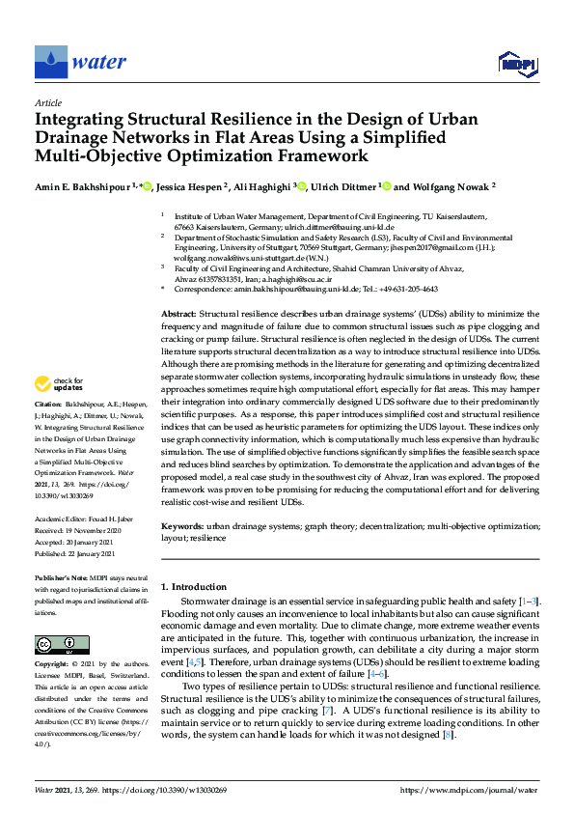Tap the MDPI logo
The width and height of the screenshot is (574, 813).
(x=517, y=65)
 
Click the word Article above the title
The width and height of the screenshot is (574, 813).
(x=47, y=102)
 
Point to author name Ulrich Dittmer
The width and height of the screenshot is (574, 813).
(x=343, y=187)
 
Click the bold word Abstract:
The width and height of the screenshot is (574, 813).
(x=178, y=314)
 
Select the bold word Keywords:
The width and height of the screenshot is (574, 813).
(x=181, y=527)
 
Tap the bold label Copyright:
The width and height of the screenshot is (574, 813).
(x=52, y=665)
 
